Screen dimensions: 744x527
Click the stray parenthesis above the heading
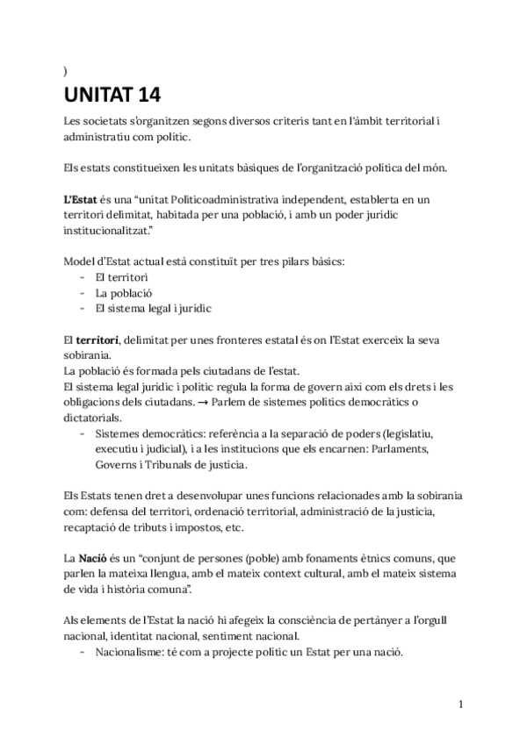click(66, 70)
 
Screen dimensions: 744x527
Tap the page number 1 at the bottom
click(460, 704)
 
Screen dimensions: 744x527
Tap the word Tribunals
click(173, 464)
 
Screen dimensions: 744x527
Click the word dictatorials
click(96, 418)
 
